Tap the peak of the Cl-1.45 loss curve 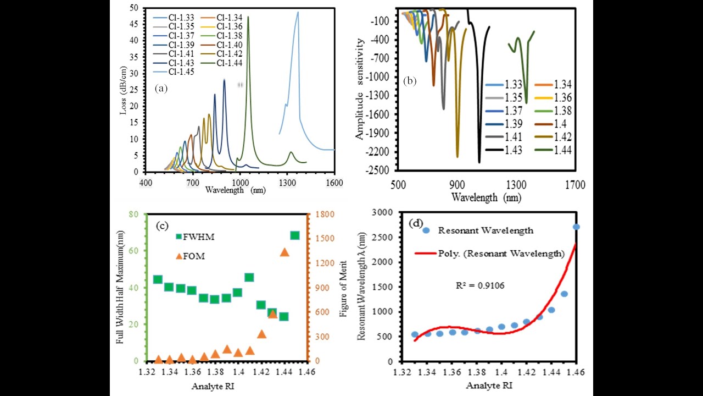tap(298, 12)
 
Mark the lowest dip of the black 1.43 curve tap(479, 162)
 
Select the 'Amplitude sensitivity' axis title tap(360, 88)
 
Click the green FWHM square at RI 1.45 tap(295, 235)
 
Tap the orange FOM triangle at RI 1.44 tap(284, 252)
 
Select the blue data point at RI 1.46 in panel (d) tap(577, 227)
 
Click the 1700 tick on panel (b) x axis tap(576, 185)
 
